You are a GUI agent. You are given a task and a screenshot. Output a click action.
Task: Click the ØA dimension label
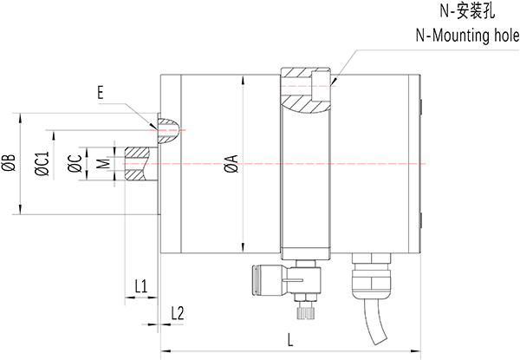coord(229,162)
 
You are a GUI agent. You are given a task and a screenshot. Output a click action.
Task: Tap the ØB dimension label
coord(8,162)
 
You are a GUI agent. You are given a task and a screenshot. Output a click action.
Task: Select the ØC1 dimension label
coord(40,163)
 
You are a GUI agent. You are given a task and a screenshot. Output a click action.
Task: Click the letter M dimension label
coord(103,163)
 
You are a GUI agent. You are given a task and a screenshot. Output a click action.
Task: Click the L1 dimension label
coord(142,285)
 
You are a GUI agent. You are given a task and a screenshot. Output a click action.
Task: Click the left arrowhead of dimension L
coord(161,350)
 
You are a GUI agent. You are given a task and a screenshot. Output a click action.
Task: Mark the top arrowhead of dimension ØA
coord(246,78)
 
